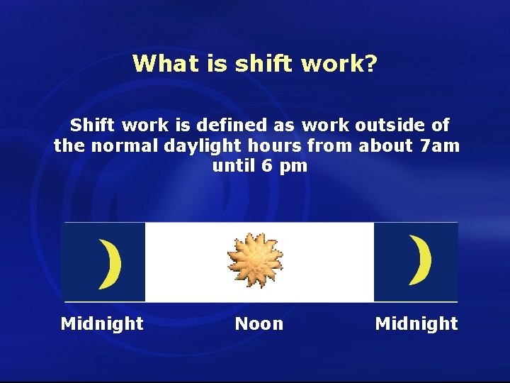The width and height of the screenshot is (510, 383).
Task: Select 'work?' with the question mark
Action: pos(339,64)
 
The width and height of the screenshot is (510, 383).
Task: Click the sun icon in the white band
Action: pos(256,260)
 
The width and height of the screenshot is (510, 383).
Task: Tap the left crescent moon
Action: pos(110,265)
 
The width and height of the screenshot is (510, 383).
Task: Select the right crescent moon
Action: pos(420,260)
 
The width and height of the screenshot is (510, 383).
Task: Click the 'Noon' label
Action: pos(259,324)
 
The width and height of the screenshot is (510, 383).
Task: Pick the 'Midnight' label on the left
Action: pos(102,324)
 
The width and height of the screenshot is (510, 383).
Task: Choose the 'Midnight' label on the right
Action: pos(416,324)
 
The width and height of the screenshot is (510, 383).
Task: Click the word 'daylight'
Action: pos(198,146)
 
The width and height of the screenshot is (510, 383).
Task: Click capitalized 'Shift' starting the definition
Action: pos(94,126)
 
